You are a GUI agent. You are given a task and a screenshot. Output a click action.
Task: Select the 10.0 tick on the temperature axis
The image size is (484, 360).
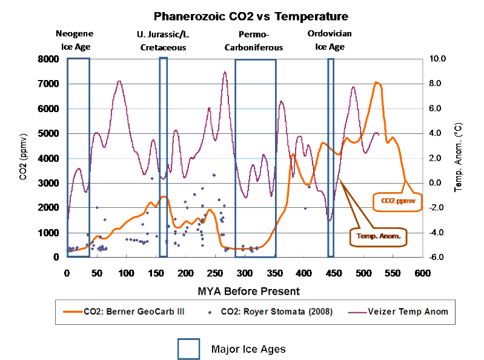(x=437, y=59)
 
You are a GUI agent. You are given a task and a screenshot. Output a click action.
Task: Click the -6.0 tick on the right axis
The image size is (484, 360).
(x=437, y=258)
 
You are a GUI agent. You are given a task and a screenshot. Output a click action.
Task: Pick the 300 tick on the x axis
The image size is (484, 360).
(x=185, y=273)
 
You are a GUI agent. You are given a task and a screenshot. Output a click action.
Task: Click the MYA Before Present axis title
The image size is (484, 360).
(x=248, y=291)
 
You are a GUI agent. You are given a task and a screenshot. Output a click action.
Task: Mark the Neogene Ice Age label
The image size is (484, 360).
(x=75, y=40)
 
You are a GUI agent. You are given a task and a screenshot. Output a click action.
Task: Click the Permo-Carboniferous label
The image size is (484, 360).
(x=254, y=40)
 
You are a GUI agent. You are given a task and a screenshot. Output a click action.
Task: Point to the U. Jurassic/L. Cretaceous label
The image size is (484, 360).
(x=162, y=40)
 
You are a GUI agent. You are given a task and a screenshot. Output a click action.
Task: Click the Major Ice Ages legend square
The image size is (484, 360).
(x=188, y=349)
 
